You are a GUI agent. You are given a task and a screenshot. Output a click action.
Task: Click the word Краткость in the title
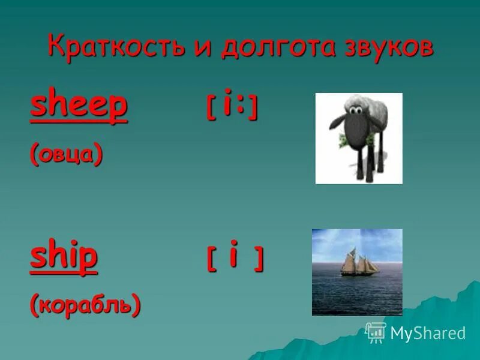(115, 47)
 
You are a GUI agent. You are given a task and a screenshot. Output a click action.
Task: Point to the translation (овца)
(67, 154)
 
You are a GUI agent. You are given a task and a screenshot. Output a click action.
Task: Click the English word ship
(64, 256)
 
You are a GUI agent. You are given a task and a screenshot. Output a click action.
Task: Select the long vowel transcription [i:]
(233, 107)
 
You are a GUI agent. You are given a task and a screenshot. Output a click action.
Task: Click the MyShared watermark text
(428, 333)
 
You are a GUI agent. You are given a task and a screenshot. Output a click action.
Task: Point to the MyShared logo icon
(376, 332)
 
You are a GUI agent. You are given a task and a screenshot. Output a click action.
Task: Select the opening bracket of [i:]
(211, 109)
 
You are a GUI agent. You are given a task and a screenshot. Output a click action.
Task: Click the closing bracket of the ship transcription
(258, 260)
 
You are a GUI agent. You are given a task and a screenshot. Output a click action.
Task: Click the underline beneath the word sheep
(79, 122)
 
